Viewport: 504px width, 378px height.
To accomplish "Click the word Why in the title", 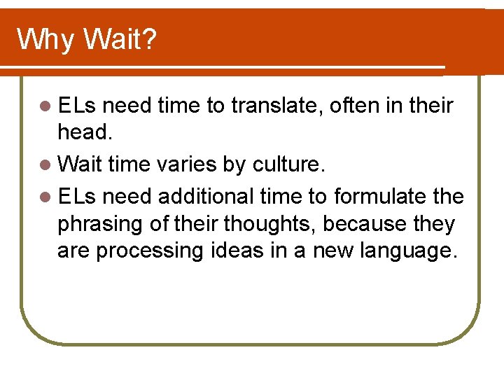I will click(44, 40).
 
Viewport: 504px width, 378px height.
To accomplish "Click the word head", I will click(82, 132).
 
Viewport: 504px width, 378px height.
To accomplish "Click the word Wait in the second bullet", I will click(79, 166).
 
